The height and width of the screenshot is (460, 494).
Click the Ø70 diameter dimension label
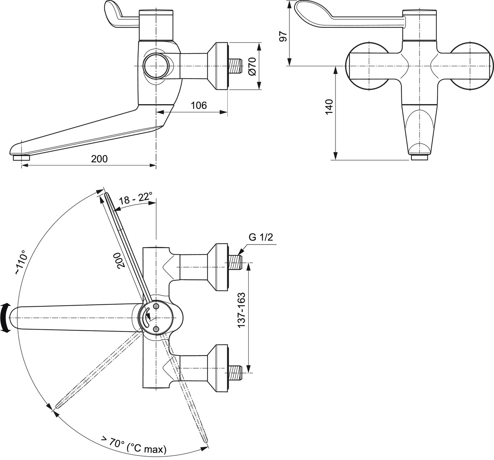click(253, 66)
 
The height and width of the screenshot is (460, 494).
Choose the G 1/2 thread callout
click(261, 238)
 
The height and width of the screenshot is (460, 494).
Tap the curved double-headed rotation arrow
click(5, 318)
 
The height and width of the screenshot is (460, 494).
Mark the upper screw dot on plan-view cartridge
click(156, 307)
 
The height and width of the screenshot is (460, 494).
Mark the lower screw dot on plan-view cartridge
click(156, 329)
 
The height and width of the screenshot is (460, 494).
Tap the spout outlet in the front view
click(420, 157)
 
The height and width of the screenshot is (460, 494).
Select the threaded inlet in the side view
click(236, 66)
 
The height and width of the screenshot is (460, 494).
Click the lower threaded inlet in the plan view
click(236, 372)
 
